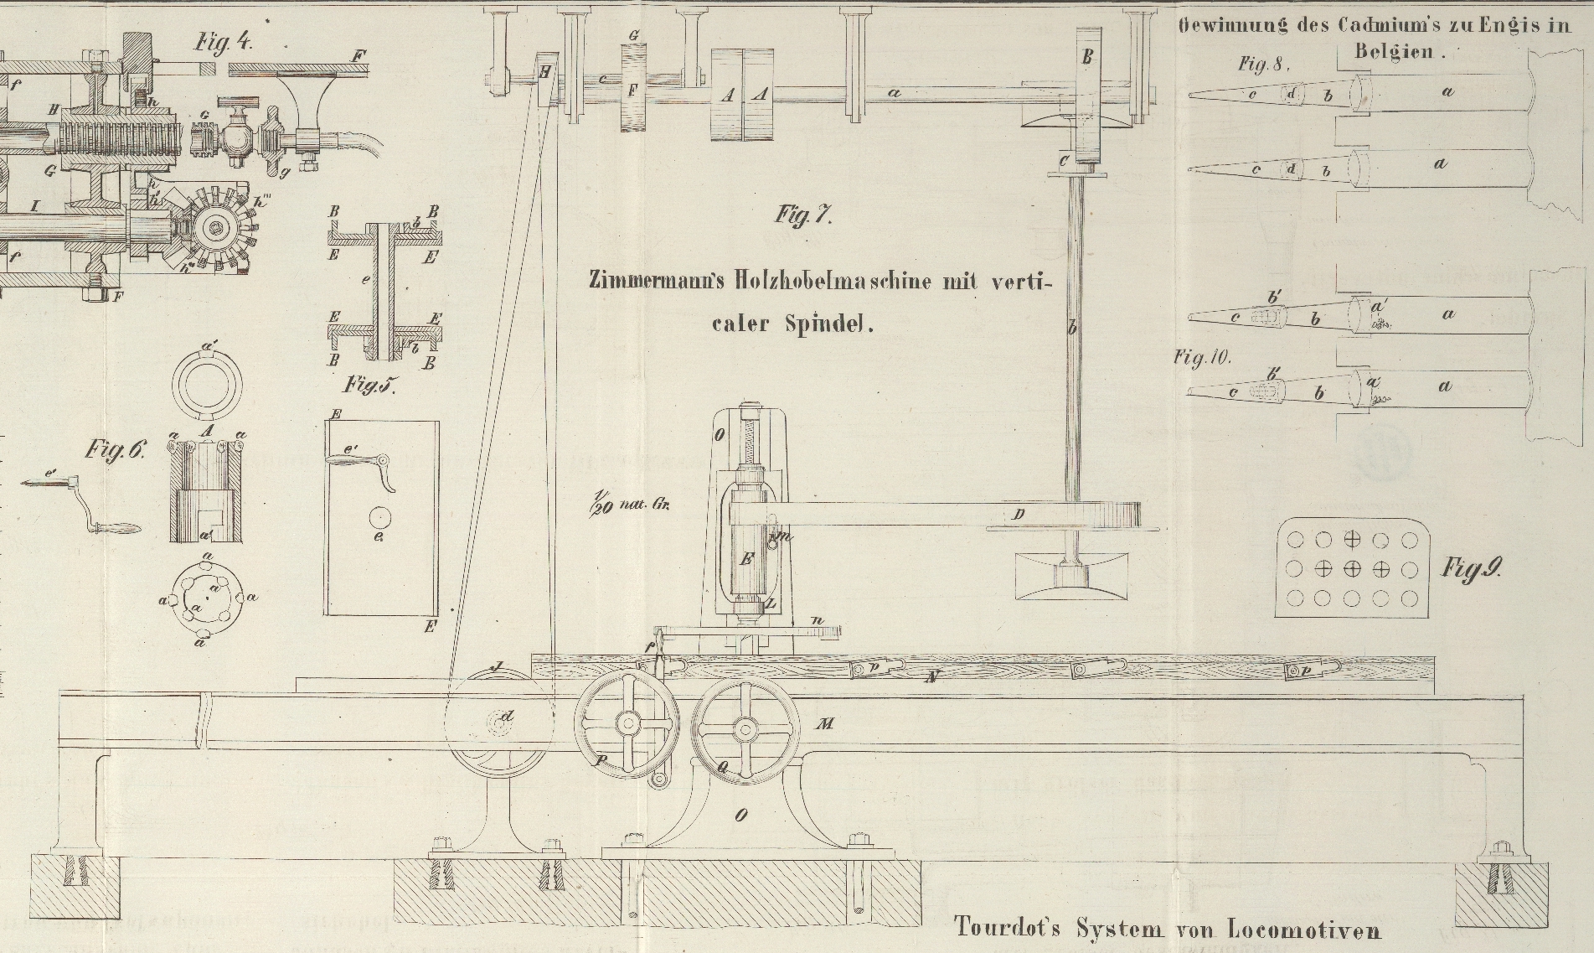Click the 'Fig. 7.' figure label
(802, 216)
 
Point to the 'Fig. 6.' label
(115, 450)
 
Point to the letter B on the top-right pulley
(1088, 58)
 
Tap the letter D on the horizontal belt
(1018, 515)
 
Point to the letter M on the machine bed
(825, 723)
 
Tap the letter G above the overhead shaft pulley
(634, 36)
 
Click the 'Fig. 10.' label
(1202, 358)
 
